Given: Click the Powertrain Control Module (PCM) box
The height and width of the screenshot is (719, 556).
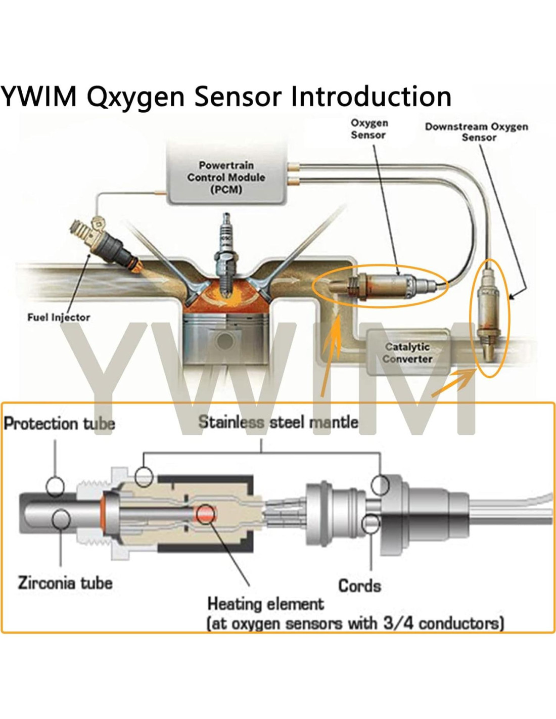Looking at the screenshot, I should click(x=226, y=177).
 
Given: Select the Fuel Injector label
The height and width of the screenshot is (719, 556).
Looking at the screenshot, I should click(x=59, y=318).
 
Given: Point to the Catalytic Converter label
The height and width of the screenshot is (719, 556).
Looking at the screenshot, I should click(x=407, y=353).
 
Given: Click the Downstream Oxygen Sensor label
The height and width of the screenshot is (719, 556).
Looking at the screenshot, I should click(x=477, y=131).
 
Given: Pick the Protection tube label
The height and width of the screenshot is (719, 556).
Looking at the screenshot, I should click(x=59, y=423).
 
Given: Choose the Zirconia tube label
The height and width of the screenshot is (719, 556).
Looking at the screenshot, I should click(x=65, y=582).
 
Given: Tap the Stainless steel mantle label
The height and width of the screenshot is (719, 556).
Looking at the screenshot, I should click(x=278, y=422).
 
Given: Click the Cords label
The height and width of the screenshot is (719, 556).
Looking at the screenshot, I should click(x=359, y=586).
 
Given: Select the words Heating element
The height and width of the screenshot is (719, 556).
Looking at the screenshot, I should click(x=265, y=604).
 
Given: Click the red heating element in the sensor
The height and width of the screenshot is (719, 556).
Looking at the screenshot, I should click(x=205, y=514).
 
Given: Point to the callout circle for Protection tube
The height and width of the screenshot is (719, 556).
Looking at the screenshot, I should click(x=55, y=486).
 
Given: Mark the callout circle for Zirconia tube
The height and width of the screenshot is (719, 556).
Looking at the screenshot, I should click(x=61, y=519).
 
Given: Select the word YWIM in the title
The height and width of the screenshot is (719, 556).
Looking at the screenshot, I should click(x=39, y=96).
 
